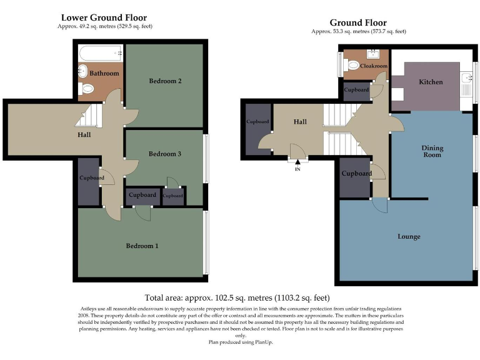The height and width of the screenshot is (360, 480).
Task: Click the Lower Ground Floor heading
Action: pos(104,17)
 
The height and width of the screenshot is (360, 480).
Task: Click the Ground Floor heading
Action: pos(358,22)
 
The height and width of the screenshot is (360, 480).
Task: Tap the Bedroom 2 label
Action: pos(165,81)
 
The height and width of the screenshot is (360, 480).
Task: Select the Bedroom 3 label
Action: pos(165,154)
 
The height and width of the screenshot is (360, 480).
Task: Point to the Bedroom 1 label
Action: pos(142,246)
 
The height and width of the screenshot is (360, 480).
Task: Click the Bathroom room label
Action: pos(104,74)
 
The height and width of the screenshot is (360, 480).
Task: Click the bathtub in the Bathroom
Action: pos(100,52)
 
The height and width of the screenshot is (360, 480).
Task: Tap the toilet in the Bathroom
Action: pos(87,89)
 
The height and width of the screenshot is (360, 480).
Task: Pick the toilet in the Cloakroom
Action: pos(353,65)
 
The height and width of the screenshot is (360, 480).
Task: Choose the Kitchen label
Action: pos(431,82)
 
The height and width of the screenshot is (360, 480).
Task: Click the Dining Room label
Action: pos(432,151)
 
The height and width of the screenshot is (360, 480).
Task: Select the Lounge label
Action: pos(409,236)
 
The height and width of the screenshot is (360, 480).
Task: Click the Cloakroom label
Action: pos(374,66)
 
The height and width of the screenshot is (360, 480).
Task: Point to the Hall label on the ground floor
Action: pos(299,122)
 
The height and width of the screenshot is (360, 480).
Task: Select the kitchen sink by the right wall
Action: pos(466,79)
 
